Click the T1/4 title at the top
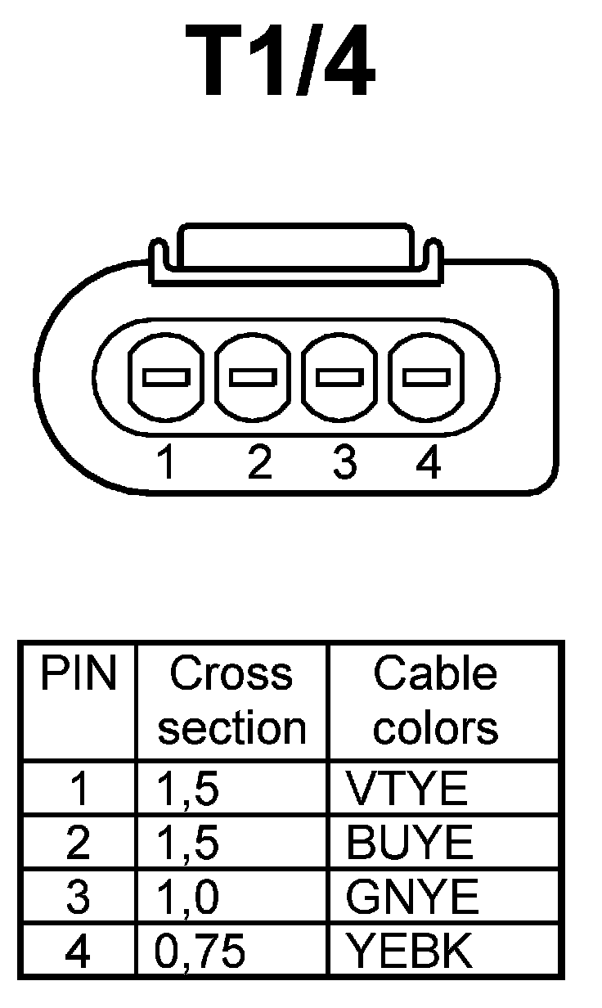click(281, 61)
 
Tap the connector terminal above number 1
click(166, 377)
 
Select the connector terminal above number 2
click(254, 377)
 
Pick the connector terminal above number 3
click(340, 377)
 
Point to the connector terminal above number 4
click(427, 377)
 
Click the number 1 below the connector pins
click(167, 464)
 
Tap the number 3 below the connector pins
click(344, 464)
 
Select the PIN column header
click(79, 676)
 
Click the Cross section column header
click(231, 701)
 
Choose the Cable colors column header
click(435, 701)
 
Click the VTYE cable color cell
click(407, 789)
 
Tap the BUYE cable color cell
click(410, 843)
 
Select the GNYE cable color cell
click(412, 897)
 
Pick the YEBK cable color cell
click(410, 951)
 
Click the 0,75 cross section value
click(200, 951)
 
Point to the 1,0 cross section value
click(188, 897)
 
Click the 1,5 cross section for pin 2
click(188, 843)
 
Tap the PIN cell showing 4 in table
click(79, 951)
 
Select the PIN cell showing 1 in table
click(79, 789)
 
